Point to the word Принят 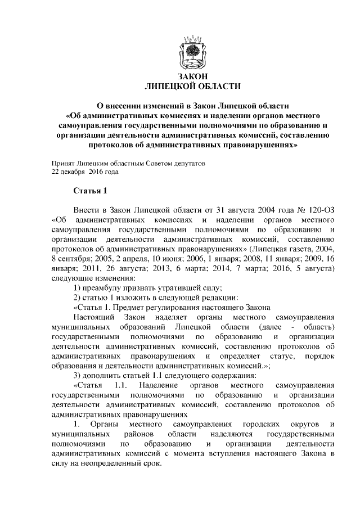pyautogui.click(x=63, y=163)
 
